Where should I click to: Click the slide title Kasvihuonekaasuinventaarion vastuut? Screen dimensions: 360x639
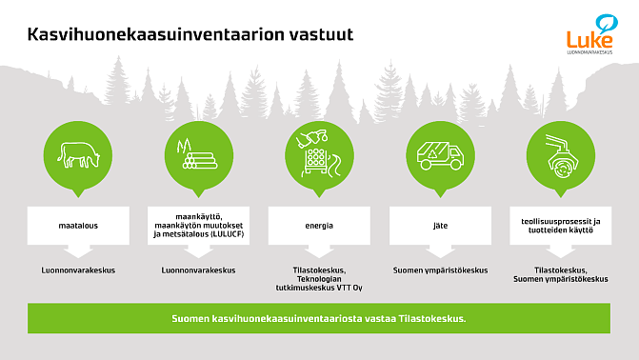tap(190, 34)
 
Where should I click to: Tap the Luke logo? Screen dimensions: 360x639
tap(589, 34)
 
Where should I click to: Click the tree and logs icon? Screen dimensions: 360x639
tap(197, 151)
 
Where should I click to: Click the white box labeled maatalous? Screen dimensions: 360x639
tap(77, 226)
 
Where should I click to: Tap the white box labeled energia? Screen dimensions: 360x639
tap(319, 226)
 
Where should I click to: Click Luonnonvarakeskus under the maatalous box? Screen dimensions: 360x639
tap(77, 270)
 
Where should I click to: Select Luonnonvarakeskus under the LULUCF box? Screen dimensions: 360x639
tap(198, 270)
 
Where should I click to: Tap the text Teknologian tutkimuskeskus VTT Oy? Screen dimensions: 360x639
tap(319, 279)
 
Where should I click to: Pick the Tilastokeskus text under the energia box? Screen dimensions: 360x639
tap(319, 270)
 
